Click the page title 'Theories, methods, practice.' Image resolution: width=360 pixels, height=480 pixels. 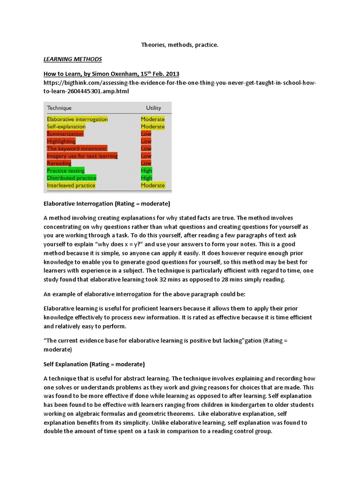pyautogui.click(x=180, y=45)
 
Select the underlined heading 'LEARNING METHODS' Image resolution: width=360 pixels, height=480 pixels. pyautogui.click(x=73, y=60)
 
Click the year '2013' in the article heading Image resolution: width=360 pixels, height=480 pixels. pyautogui.click(x=171, y=74)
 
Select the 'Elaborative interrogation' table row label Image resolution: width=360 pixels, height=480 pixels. pyautogui.click(x=77, y=119)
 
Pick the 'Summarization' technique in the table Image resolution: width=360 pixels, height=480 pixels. pyautogui.click(x=65, y=134)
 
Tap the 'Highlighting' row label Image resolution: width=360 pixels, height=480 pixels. pyautogui.click(x=61, y=141)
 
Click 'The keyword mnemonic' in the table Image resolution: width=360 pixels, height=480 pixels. pyautogui.click(x=77, y=149)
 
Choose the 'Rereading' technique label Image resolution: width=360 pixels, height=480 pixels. pyautogui.click(x=59, y=163)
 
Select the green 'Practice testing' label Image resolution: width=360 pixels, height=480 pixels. pyautogui.click(x=66, y=171)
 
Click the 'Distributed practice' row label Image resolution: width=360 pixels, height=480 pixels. pyautogui.click(x=71, y=178)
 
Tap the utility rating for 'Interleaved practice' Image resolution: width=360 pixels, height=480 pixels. pyautogui.click(x=153, y=185)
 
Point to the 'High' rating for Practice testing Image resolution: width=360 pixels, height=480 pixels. pyautogui.click(x=146, y=171)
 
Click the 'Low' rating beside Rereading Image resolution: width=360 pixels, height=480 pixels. pyautogui.click(x=146, y=163)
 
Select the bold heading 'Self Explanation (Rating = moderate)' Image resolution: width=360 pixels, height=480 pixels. pyautogui.click(x=94, y=364)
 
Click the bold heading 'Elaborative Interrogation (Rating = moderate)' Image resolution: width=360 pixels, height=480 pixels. pyautogui.click(x=106, y=204)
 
